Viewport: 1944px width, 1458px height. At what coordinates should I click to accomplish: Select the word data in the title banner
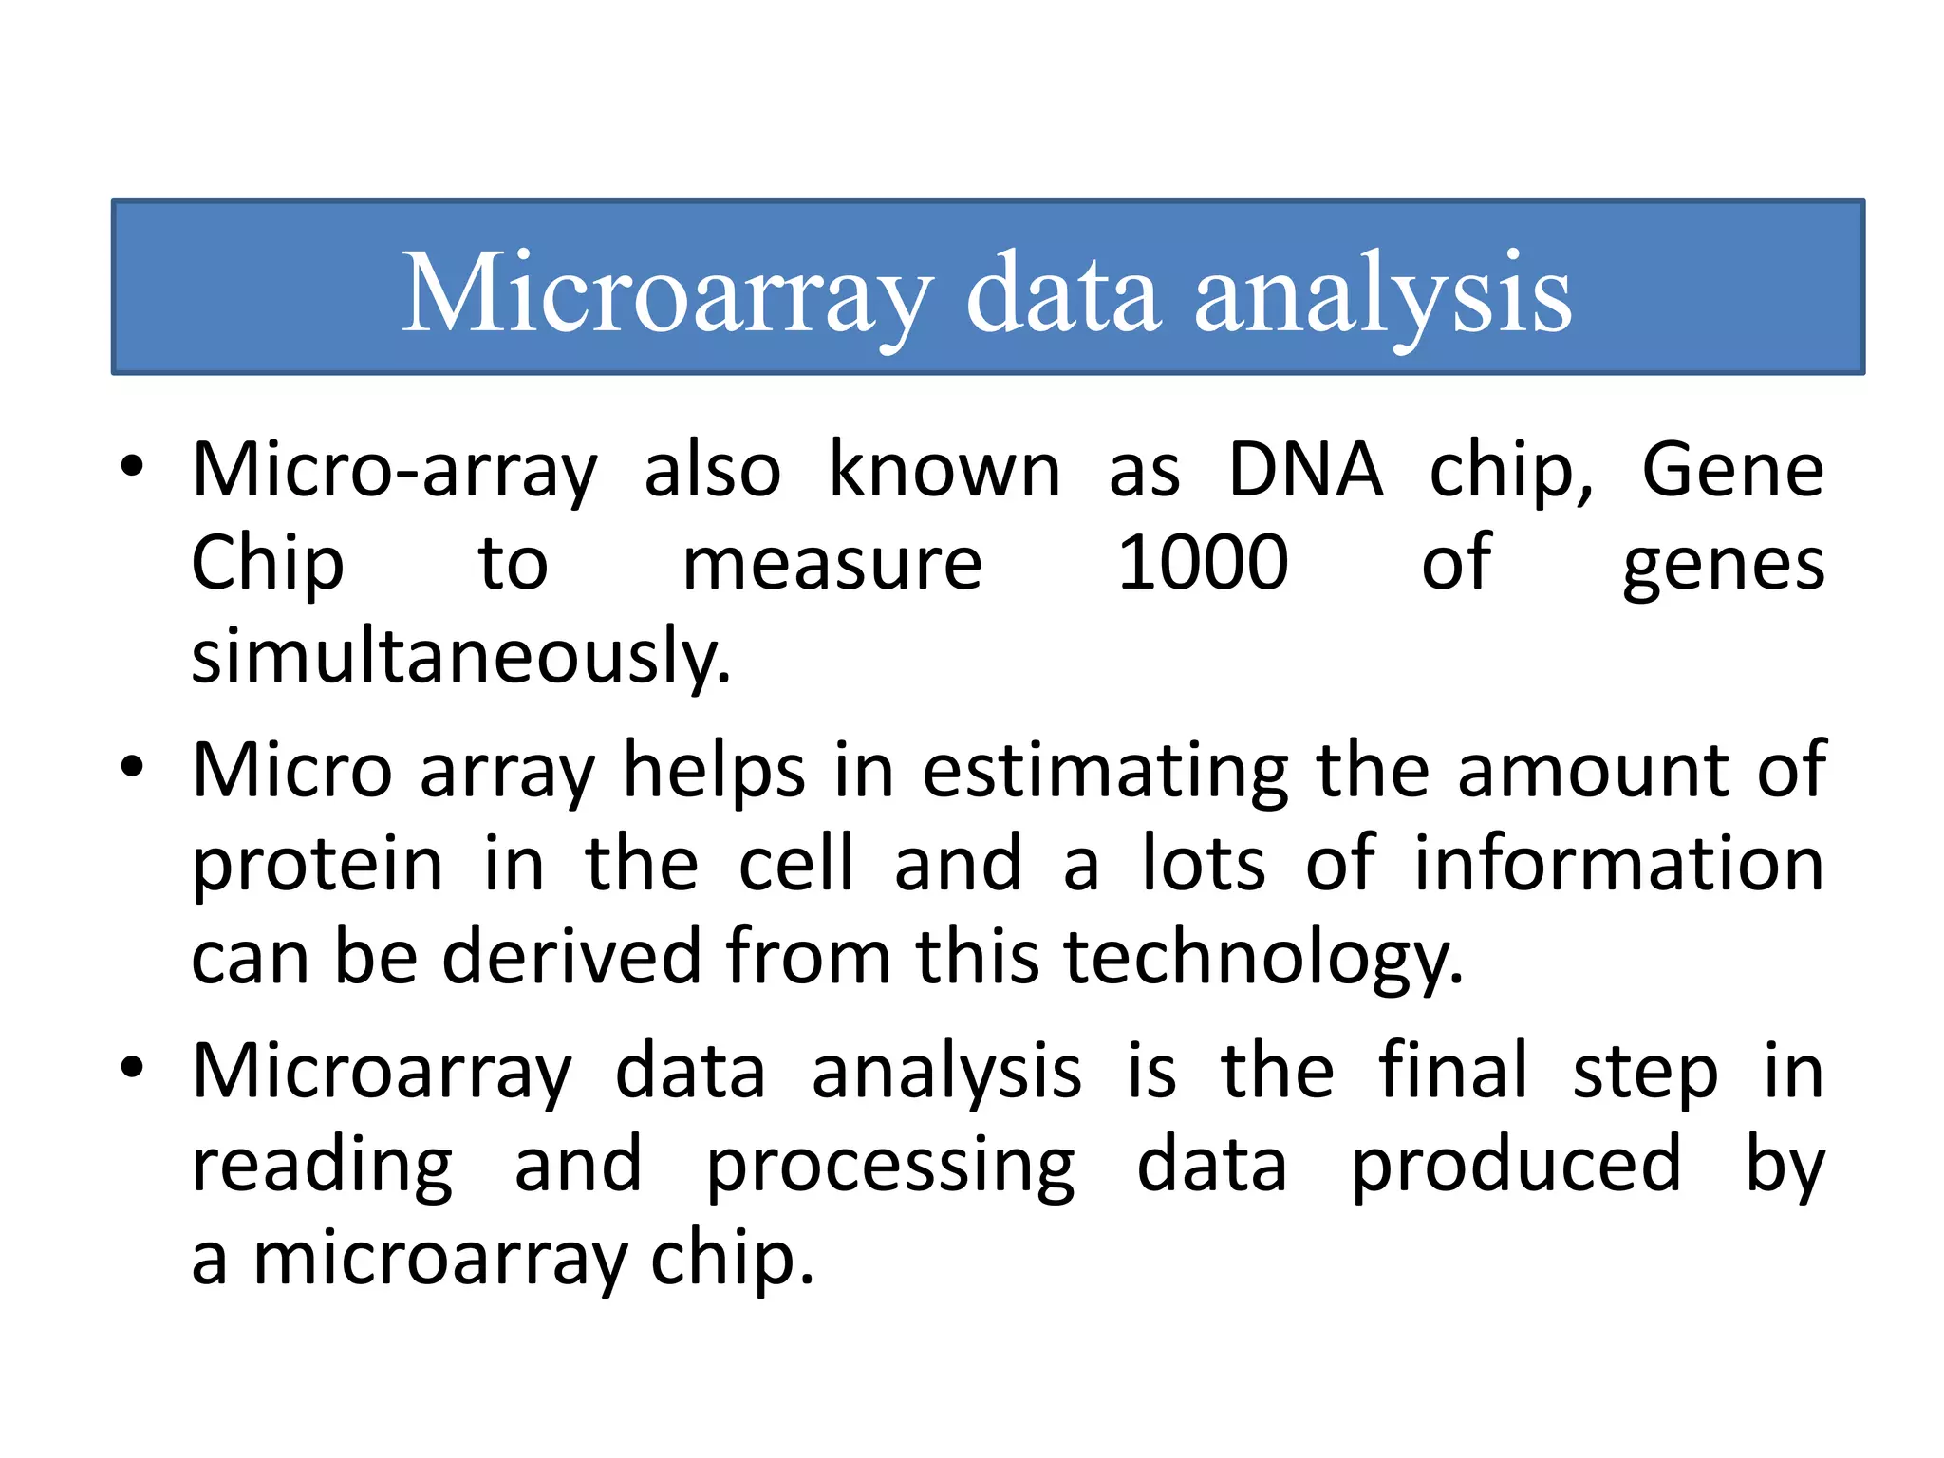point(1063,293)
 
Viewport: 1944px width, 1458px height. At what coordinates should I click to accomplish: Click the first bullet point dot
point(132,466)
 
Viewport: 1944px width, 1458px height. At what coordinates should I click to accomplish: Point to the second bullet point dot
point(132,766)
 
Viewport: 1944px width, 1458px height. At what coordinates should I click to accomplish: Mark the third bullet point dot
point(132,1067)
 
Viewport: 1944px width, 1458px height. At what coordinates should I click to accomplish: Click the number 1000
point(1203,563)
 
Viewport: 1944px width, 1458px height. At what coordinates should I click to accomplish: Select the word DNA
point(1305,470)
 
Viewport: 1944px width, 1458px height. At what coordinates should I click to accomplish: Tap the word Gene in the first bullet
point(1732,470)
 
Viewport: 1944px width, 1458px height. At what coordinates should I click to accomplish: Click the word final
point(1453,1070)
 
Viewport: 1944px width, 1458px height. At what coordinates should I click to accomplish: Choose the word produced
point(1516,1166)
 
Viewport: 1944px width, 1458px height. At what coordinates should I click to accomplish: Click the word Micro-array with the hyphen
point(395,471)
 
